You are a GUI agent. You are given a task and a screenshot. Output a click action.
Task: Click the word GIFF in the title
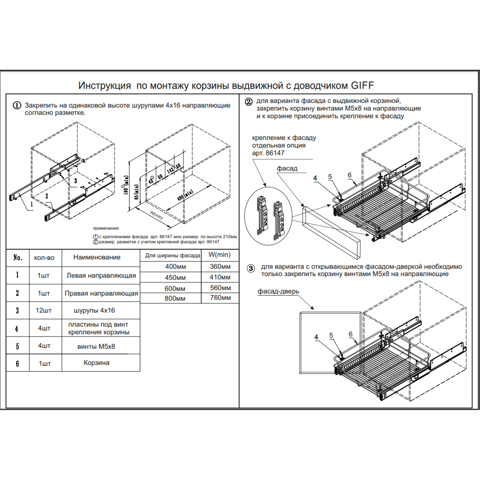coord(362,86)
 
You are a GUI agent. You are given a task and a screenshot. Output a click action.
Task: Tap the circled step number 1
coord(17,106)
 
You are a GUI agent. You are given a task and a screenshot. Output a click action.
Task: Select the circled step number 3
coord(251,268)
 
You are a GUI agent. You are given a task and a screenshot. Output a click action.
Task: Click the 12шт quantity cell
coord(44,310)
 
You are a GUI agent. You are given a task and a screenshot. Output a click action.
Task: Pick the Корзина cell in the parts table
coord(97,363)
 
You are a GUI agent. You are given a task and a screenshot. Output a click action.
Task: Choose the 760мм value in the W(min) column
coord(220,298)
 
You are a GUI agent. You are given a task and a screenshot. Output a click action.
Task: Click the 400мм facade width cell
coord(176,267)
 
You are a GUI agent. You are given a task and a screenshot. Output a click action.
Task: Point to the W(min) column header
coord(220,255)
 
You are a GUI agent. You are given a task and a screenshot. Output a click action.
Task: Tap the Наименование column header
coord(97,257)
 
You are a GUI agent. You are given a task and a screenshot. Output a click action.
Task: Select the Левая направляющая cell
coord(101,275)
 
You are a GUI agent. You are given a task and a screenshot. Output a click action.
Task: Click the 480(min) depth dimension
coord(185,195)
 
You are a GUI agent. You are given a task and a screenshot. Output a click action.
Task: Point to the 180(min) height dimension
coord(126,185)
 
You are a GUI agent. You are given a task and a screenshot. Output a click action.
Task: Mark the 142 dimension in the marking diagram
coord(170,170)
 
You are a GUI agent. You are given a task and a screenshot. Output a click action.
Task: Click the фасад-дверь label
coord(278,291)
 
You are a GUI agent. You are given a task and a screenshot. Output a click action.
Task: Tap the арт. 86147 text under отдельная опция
coord(268,153)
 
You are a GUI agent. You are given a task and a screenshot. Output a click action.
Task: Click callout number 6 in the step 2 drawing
coord(350,175)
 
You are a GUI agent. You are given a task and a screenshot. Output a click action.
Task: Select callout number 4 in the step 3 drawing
coord(316,337)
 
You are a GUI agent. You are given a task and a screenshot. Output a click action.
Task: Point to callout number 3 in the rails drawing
coord(76,181)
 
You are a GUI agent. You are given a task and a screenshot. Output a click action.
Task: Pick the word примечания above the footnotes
coord(106,228)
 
